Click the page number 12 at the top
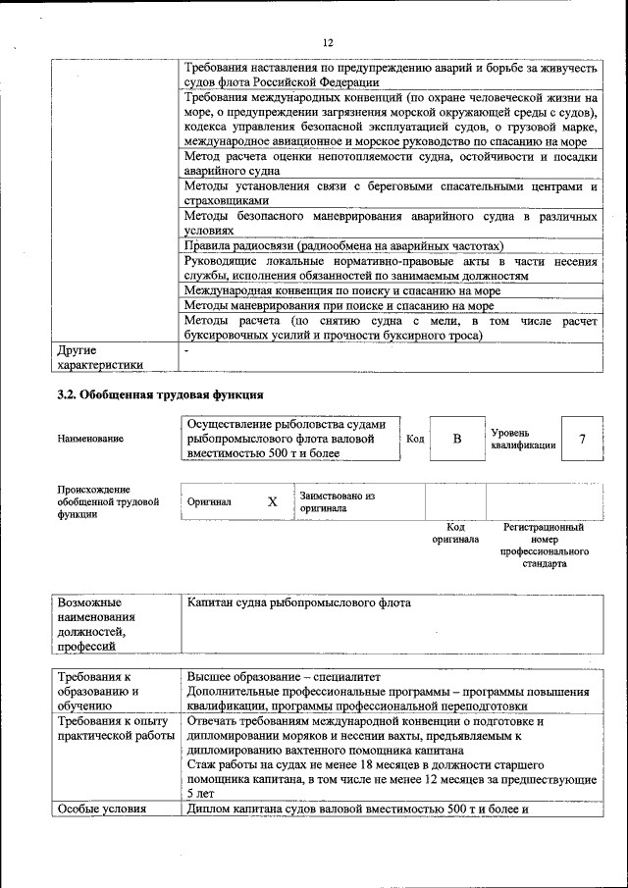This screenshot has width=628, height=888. click(328, 42)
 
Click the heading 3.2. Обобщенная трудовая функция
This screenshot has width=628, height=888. click(160, 395)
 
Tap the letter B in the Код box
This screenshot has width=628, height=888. click(456, 439)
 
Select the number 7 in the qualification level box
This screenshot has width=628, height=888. click(582, 439)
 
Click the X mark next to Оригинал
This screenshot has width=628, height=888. click(273, 501)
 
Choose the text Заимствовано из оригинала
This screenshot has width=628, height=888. click(338, 502)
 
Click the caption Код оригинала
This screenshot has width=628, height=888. click(455, 533)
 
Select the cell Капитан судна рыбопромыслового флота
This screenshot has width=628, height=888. click(299, 602)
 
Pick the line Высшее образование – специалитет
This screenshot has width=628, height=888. click(283, 677)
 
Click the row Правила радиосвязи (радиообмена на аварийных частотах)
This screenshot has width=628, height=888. click(343, 245)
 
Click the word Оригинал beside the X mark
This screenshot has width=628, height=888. click(209, 502)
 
